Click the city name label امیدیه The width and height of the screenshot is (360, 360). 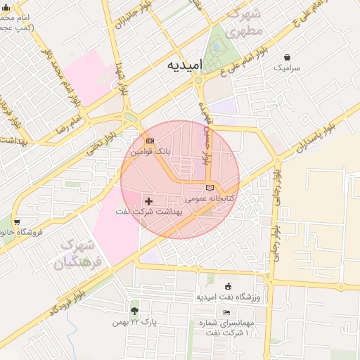click(184, 65)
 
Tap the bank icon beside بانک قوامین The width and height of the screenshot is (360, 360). click(149, 141)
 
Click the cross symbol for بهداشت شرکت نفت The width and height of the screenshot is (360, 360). click(149, 201)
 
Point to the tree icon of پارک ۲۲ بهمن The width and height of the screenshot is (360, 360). click(134, 311)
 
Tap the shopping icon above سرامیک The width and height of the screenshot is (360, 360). click(287, 57)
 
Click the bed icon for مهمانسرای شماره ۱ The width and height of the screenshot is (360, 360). click(226, 312)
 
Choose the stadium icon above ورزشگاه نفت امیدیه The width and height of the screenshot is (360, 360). click(228, 286)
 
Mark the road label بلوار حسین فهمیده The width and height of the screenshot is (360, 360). click(205, 134)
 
